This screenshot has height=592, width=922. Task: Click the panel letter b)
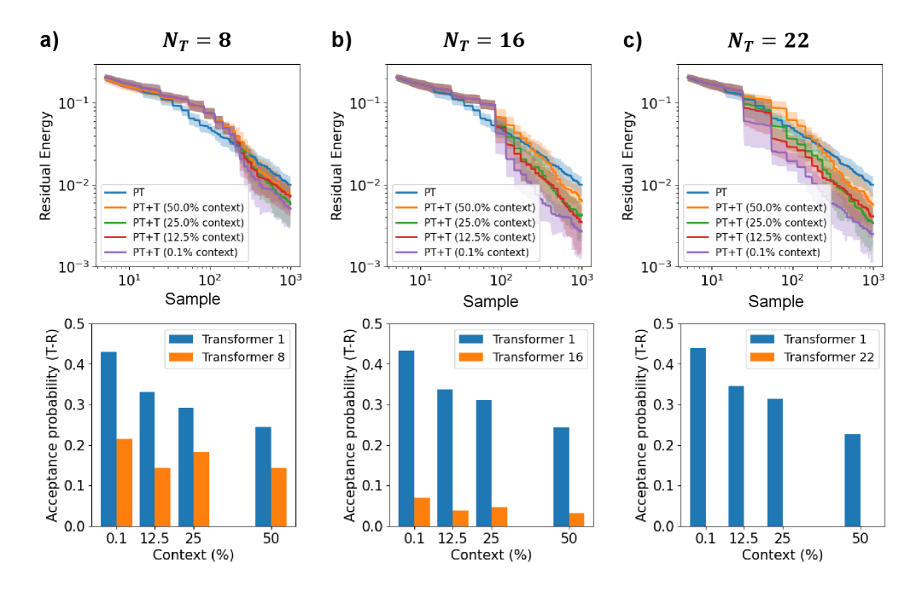click(342, 39)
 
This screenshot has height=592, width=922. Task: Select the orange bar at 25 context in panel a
click(201, 489)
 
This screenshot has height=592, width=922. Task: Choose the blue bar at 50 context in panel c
click(852, 480)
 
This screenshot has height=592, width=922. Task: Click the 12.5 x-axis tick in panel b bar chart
click(452, 540)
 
